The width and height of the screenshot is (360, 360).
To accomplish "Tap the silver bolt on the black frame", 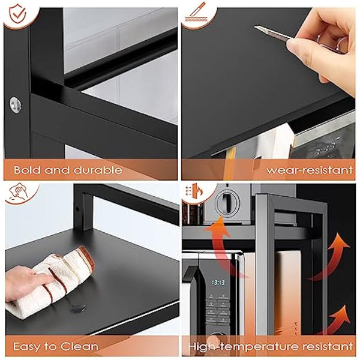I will [x=15, y=103].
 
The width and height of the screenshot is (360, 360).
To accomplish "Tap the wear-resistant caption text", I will [x=309, y=170].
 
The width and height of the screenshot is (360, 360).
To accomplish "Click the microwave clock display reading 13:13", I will [x=218, y=281].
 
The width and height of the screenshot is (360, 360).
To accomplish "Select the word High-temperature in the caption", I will [x=240, y=346].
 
